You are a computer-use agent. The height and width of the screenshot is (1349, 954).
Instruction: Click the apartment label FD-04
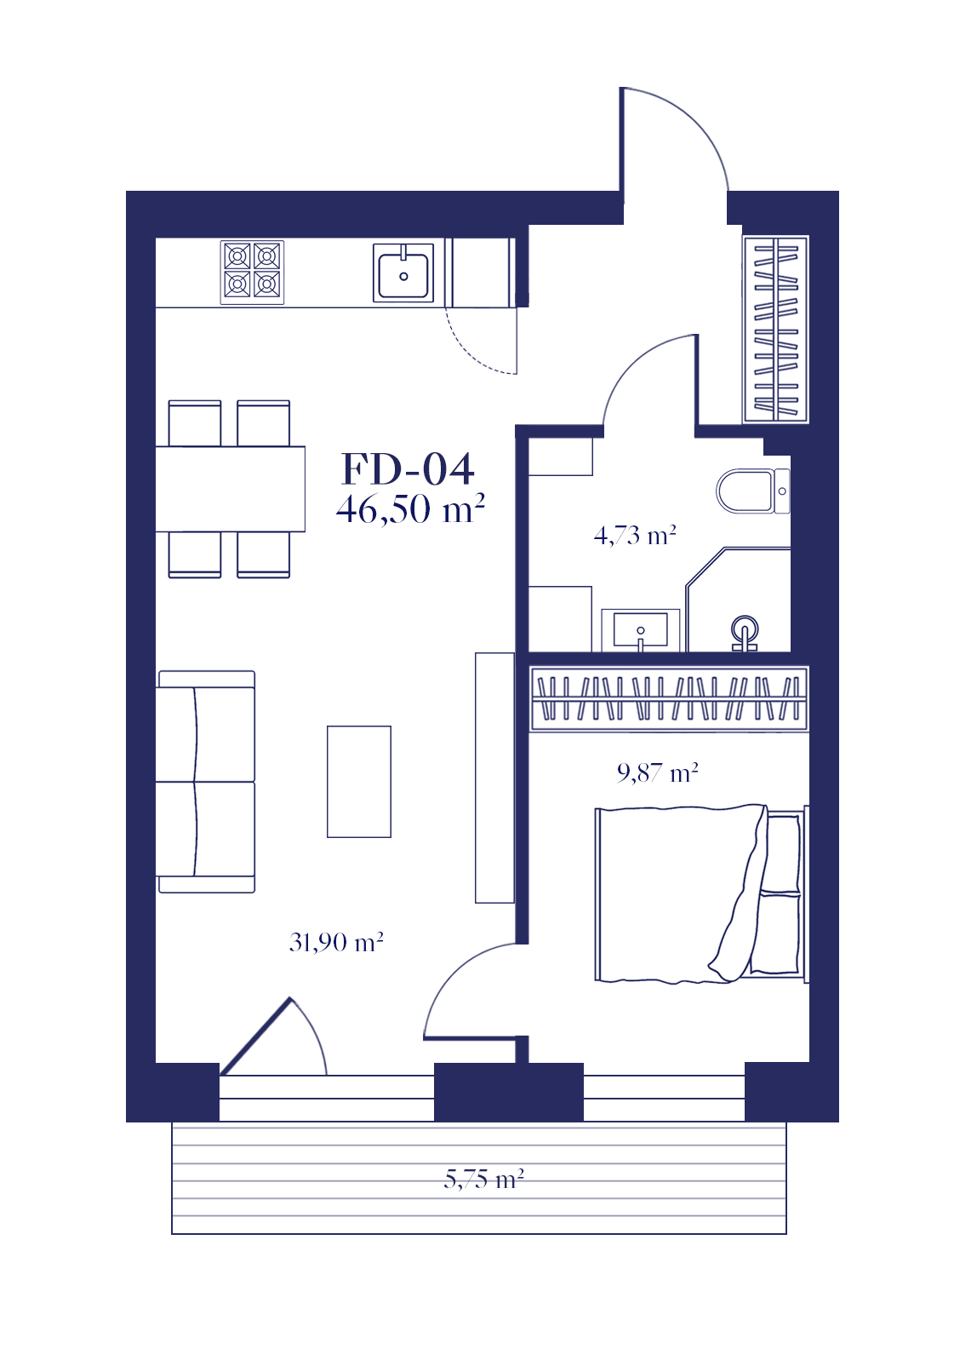coord(408,469)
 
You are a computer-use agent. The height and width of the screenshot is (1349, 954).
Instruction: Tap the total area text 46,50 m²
coord(410,509)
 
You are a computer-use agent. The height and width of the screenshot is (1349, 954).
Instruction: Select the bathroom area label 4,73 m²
coord(635,535)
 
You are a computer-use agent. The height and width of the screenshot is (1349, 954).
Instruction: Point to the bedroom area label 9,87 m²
coord(657,772)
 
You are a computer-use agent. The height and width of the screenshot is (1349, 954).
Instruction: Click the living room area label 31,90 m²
coord(336,942)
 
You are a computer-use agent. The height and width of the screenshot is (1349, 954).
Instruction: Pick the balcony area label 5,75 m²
coord(484,1179)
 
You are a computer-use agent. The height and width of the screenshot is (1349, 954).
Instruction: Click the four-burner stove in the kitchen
coord(252,273)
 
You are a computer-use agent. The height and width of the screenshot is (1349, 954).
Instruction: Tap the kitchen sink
coord(403,273)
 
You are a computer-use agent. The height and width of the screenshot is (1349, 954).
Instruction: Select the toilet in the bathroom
coord(753,491)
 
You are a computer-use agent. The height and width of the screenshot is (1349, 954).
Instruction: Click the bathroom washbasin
coord(641,630)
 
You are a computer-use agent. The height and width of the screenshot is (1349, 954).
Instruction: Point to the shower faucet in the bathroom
coord(745,633)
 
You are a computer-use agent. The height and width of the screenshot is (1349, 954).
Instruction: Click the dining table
coord(231,489)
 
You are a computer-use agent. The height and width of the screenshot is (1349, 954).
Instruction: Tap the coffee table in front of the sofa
coord(359,782)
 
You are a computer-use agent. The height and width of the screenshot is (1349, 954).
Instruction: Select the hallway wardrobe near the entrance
coord(776,329)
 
